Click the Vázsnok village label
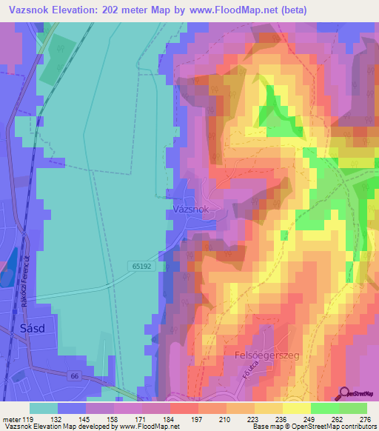[191, 210]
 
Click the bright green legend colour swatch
[324, 408]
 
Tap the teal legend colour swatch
[44, 408]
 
